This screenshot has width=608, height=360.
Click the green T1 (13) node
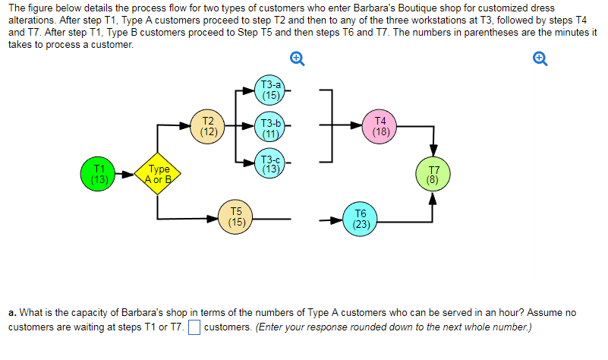(98, 175)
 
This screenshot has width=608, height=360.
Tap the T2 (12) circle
(206, 125)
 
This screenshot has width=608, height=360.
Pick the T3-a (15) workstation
(270, 90)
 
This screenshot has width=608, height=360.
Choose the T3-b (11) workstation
(270, 127)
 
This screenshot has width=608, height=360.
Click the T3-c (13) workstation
(270, 163)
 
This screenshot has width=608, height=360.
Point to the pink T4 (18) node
(380, 126)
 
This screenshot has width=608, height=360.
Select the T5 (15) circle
(237, 217)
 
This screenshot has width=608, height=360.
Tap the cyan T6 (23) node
(361, 219)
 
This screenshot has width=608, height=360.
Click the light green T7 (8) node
(433, 175)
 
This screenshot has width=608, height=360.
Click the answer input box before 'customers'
(194, 328)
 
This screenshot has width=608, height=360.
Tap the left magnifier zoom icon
(298, 59)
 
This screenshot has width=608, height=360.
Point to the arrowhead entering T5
(216, 219)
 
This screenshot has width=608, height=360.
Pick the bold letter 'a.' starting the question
(12, 312)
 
